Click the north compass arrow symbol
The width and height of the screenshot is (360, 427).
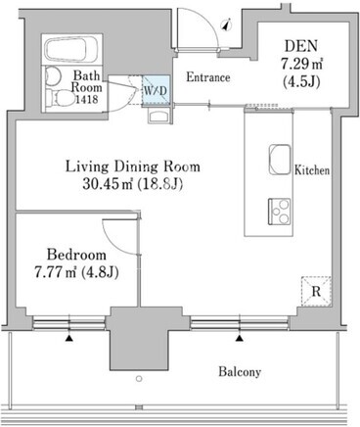tap(226, 25)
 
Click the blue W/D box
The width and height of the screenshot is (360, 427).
tap(156, 90)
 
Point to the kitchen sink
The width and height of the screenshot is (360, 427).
tap(280, 160)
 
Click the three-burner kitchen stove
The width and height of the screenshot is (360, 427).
tap(280, 212)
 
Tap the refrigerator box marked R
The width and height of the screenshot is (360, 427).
tap(316, 291)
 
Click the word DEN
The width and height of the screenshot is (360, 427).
tap(301, 46)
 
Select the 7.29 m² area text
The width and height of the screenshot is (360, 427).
tap(302, 64)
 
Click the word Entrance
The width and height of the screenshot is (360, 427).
tap(208, 77)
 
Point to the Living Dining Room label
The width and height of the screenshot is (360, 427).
tap(133, 166)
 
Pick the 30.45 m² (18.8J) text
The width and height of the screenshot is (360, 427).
tap(132, 184)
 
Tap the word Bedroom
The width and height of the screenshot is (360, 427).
tap(76, 255)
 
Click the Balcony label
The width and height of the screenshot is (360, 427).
tap(240, 372)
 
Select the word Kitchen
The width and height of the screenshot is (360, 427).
tap(312, 170)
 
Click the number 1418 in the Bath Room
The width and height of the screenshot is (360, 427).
tap(87, 99)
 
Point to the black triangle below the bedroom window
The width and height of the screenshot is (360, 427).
tap(68, 339)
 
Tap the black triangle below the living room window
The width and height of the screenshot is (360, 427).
tap(240, 339)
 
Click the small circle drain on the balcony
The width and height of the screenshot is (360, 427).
tap(139, 379)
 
